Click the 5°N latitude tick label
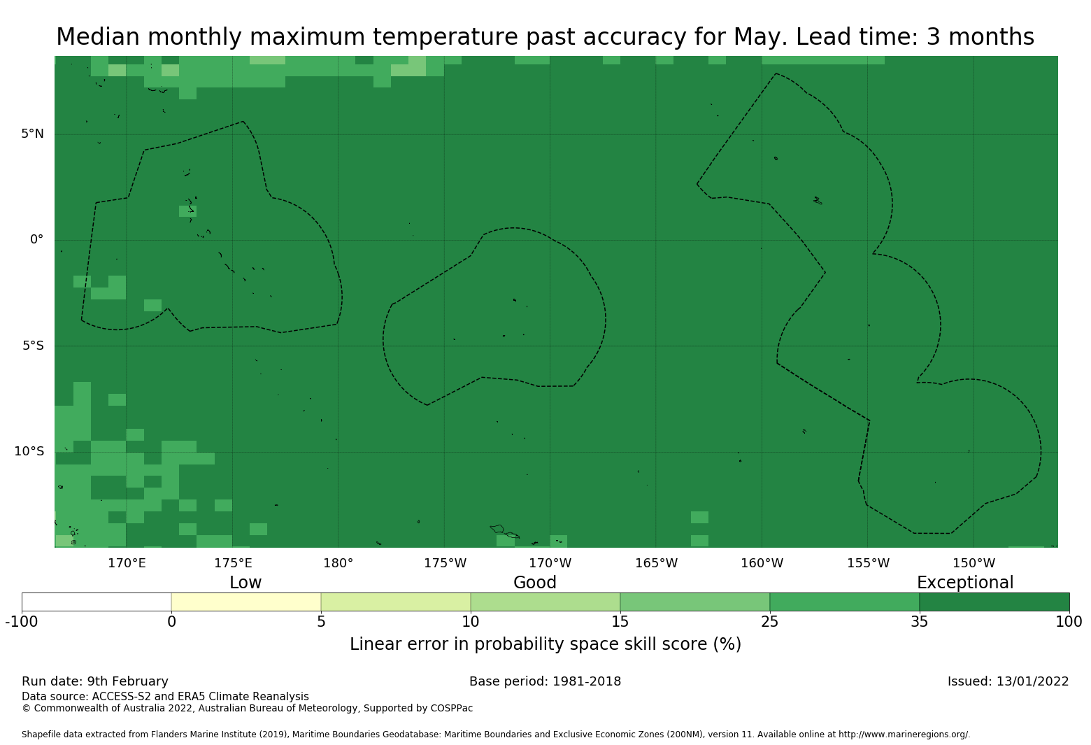click(x=32, y=134)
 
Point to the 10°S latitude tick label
click(x=29, y=451)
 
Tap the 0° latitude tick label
click(x=36, y=239)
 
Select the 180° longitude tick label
click(x=338, y=563)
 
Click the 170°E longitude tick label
click(x=127, y=563)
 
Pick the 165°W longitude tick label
click(x=656, y=563)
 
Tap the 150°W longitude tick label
click(x=974, y=563)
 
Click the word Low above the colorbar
click(x=245, y=583)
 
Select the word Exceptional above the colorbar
click(x=964, y=583)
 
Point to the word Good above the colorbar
click(x=535, y=583)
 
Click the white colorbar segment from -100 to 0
click(x=97, y=602)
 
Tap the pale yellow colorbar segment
click(x=246, y=602)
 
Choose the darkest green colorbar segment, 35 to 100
click(x=994, y=602)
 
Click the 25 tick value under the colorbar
click(x=769, y=621)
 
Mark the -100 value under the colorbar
click(x=22, y=621)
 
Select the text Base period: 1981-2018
click(x=545, y=681)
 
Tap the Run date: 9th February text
click(x=95, y=681)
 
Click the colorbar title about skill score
click(x=545, y=644)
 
